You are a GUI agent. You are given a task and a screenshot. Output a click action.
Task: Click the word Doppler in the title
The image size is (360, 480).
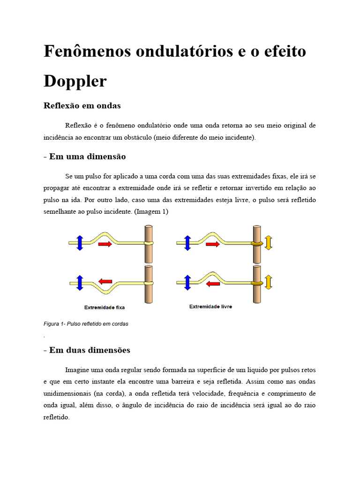[x=75, y=82]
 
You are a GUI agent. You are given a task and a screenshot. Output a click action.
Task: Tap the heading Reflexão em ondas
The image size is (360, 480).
[x=82, y=106]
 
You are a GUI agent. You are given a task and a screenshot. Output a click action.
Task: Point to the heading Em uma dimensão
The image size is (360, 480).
[x=87, y=157]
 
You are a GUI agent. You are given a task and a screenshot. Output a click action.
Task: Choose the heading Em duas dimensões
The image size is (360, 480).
[x=90, y=350]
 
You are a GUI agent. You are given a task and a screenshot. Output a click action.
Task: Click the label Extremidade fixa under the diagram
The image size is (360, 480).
[x=105, y=307]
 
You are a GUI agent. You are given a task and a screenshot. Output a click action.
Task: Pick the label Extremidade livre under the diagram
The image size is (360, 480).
[x=210, y=307]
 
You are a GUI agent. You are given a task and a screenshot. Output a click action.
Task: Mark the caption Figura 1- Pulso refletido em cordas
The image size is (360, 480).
[x=86, y=323]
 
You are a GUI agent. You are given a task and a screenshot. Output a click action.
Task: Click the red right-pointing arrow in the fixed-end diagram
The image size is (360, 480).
[x=105, y=244]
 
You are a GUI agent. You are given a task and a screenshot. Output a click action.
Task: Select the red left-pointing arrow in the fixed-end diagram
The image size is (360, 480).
[x=105, y=281]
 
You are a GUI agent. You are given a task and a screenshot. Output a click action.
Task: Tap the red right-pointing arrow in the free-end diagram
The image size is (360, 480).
[x=213, y=244]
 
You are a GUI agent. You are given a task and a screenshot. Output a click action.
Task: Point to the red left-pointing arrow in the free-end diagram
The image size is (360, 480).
[x=213, y=283]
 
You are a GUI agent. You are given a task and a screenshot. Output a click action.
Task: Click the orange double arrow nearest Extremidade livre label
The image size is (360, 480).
[x=269, y=282]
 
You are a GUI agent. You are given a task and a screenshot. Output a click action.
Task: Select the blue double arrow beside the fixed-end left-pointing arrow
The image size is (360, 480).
[x=79, y=283]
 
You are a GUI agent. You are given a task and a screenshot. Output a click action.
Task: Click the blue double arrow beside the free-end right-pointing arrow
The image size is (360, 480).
[x=187, y=243]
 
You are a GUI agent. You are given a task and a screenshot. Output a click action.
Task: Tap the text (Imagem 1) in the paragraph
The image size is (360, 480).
[x=151, y=212]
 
